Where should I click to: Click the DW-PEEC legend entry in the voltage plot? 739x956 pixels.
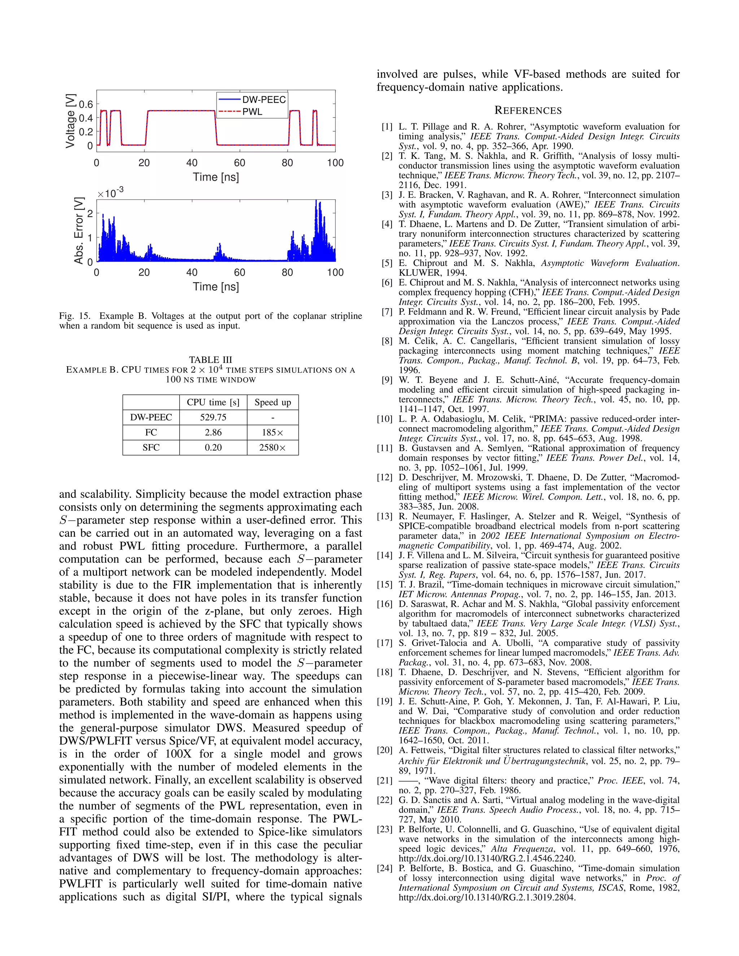pyautogui.click(x=263, y=100)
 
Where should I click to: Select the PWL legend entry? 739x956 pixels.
pyautogui.click(x=253, y=112)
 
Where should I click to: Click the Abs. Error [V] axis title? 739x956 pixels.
pyautogui.click(x=79, y=231)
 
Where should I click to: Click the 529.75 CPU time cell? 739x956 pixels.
pyautogui.click(x=213, y=417)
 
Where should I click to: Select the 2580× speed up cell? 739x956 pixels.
pyautogui.click(x=272, y=447)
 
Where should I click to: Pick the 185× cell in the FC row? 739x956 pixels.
pyautogui.click(x=272, y=433)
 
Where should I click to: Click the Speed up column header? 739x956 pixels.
pyautogui.click(x=273, y=402)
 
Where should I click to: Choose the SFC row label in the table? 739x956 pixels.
pyautogui.click(x=151, y=447)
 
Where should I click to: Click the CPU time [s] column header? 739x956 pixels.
pyautogui.click(x=213, y=402)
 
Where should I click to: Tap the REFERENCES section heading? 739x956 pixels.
pyautogui.click(x=528, y=111)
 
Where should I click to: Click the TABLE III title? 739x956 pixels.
pyautogui.click(x=210, y=360)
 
